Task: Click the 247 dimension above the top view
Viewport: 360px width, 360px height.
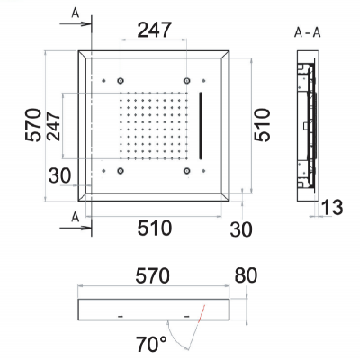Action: (x=154, y=30)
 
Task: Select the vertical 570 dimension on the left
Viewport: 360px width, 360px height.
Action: (x=33, y=125)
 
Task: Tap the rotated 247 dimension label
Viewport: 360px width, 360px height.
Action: (x=54, y=126)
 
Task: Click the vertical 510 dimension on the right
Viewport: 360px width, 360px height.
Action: (x=262, y=125)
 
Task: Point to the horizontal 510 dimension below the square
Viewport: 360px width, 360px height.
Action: (x=155, y=228)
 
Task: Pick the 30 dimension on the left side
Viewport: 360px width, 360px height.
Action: (x=59, y=175)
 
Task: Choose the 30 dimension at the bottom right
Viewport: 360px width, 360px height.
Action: (x=241, y=229)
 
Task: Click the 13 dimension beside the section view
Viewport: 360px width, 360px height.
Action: (x=332, y=207)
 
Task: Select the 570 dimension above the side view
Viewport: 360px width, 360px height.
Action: (x=152, y=276)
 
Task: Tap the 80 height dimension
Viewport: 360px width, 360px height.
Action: (x=246, y=275)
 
